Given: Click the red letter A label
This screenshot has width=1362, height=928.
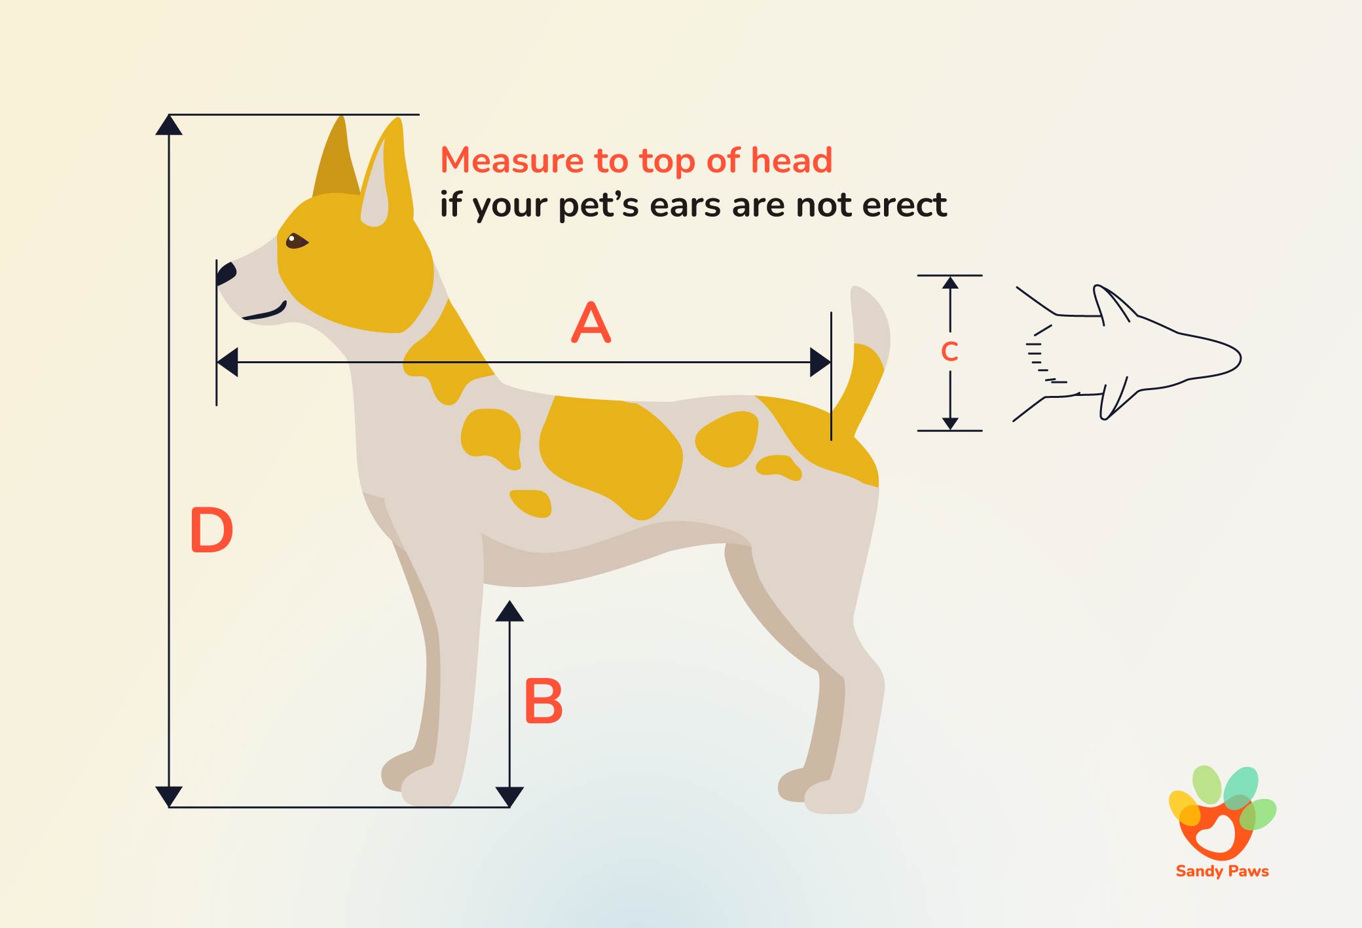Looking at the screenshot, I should pos(591,323).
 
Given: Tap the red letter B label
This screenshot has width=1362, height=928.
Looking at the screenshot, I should pos(543,701).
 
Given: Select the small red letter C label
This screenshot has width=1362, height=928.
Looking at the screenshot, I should pos(949,352).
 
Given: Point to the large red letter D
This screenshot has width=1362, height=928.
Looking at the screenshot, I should pos(211,530).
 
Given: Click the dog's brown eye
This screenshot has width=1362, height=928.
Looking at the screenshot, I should pos(296,241).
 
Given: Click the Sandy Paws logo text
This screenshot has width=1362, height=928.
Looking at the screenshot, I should pos(1222,871).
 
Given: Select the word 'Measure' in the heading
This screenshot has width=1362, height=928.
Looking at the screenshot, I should pos(511,160).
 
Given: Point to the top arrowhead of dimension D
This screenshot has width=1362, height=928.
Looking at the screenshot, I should pos(169,124).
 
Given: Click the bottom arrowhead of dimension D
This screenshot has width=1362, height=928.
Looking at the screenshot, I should pos(169,796).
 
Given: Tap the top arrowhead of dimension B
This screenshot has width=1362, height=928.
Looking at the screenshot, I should pos(509,611).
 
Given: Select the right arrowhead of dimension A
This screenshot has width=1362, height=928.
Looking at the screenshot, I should pos(820,362).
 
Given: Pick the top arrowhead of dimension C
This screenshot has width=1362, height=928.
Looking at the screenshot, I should pos(950,283).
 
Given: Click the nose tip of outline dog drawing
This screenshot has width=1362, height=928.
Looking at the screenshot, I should pos(1239,358).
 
